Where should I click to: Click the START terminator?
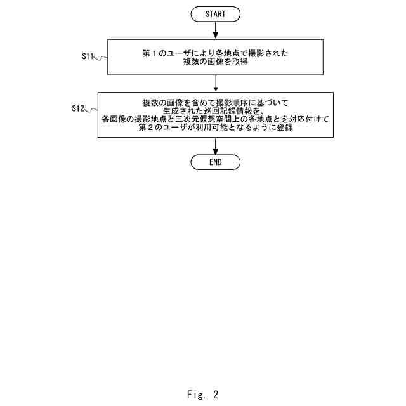pos(216,13)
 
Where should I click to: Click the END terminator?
pos(216,162)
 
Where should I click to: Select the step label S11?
pos(88,56)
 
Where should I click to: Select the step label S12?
pos(79,109)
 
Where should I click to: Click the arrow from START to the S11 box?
pos(216,30)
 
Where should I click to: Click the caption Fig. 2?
pos(202,394)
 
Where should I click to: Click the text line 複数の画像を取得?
pos(216,63)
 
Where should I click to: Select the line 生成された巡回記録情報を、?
pos(216,110)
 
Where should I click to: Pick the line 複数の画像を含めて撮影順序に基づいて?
pos(216,102)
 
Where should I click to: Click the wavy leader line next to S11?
pos(101,57)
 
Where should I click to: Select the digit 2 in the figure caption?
pos(215,394)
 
